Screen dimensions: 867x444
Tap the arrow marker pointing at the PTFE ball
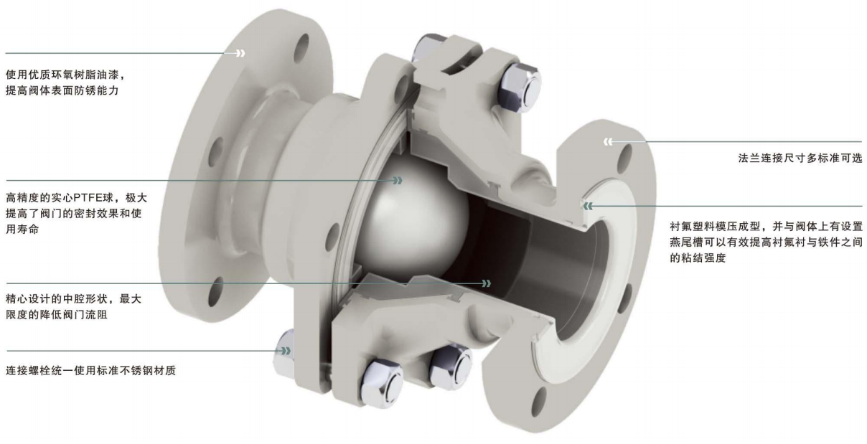398,180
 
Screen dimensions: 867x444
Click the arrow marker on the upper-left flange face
240,53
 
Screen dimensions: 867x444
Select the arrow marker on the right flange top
609,142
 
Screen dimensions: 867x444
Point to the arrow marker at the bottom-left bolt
286,351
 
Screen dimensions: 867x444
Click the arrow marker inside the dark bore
486,283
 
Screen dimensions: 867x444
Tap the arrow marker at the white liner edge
589,206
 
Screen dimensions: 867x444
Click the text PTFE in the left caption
93,198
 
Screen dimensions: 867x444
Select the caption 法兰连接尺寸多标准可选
800,159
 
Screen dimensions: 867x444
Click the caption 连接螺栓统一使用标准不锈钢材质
90,371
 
